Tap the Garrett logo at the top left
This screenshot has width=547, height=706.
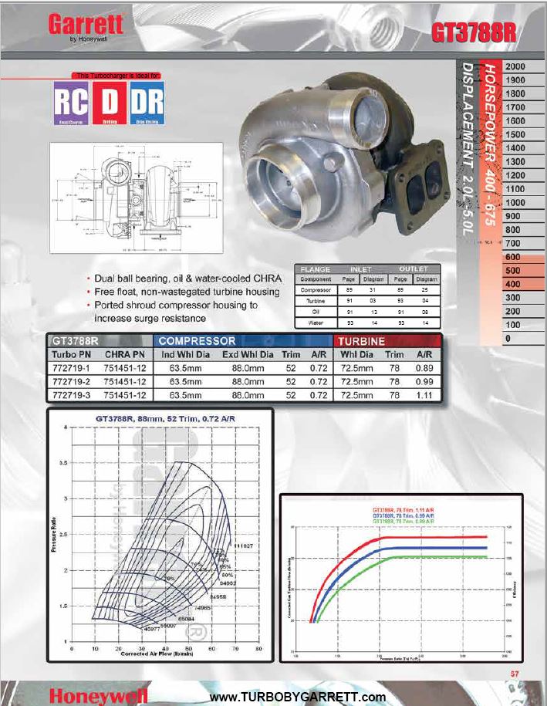click(86, 25)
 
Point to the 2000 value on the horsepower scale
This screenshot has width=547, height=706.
click(515, 67)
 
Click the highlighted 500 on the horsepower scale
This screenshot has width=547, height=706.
click(512, 271)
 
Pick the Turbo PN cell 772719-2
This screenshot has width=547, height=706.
click(71, 382)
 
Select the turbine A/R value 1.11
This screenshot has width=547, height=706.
click(424, 394)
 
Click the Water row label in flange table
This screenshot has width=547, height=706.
click(315, 323)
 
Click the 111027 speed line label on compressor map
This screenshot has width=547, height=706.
click(245, 546)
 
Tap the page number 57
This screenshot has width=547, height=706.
click(515, 673)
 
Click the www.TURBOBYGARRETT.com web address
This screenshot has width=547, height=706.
click(297, 697)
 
